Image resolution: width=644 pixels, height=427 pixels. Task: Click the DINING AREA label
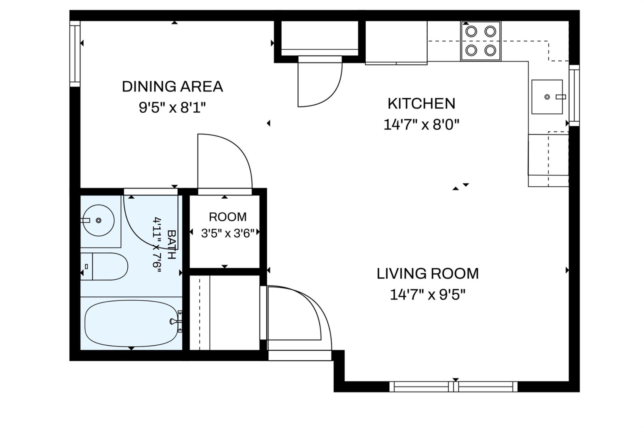tap(172, 87)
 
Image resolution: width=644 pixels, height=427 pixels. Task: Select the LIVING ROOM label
tap(428, 274)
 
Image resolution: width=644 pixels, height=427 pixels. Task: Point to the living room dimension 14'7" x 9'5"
tap(428, 295)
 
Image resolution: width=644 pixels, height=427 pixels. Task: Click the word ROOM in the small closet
tap(228, 217)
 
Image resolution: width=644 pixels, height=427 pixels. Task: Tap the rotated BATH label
tap(171, 245)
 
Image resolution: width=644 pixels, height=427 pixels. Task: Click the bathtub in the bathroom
tap(131, 323)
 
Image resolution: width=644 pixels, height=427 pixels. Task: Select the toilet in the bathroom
tap(104, 266)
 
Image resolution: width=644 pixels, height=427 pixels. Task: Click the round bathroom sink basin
tap(98, 220)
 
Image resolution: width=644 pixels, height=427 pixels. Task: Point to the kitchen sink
tap(547, 97)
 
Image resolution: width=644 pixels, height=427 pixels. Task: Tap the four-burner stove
tap(481, 41)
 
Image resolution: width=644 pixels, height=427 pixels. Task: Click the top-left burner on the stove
tap(471, 31)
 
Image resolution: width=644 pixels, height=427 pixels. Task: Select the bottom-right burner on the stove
tap(490, 50)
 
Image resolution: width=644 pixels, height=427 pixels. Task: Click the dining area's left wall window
tap(75, 54)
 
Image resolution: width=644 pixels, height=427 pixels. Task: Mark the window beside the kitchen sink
tap(574, 96)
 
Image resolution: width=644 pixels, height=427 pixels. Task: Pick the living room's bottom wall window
tap(453, 387)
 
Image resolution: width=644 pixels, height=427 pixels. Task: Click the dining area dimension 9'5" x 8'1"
tap(172, 108)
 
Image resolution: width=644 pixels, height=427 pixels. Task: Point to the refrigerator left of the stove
tap(396, 42)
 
